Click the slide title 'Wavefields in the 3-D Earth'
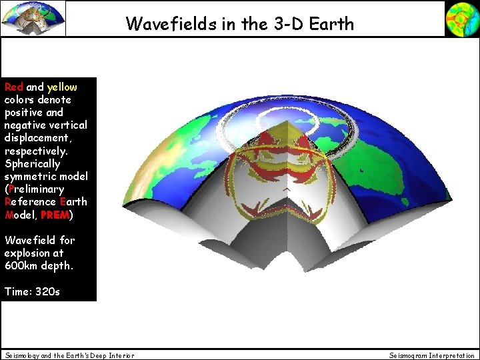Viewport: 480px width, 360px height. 240,25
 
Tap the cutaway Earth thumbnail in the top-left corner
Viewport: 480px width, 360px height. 33,18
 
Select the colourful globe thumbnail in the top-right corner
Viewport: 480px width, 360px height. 462,18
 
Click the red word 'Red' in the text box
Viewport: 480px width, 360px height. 14,87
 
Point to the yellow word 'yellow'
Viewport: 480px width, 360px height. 62,87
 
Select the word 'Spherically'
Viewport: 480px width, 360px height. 32,163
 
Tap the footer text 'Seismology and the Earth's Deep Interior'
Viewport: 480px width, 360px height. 69,355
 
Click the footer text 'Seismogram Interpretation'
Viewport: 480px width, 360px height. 432,355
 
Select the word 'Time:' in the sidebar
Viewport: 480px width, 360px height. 17,291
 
